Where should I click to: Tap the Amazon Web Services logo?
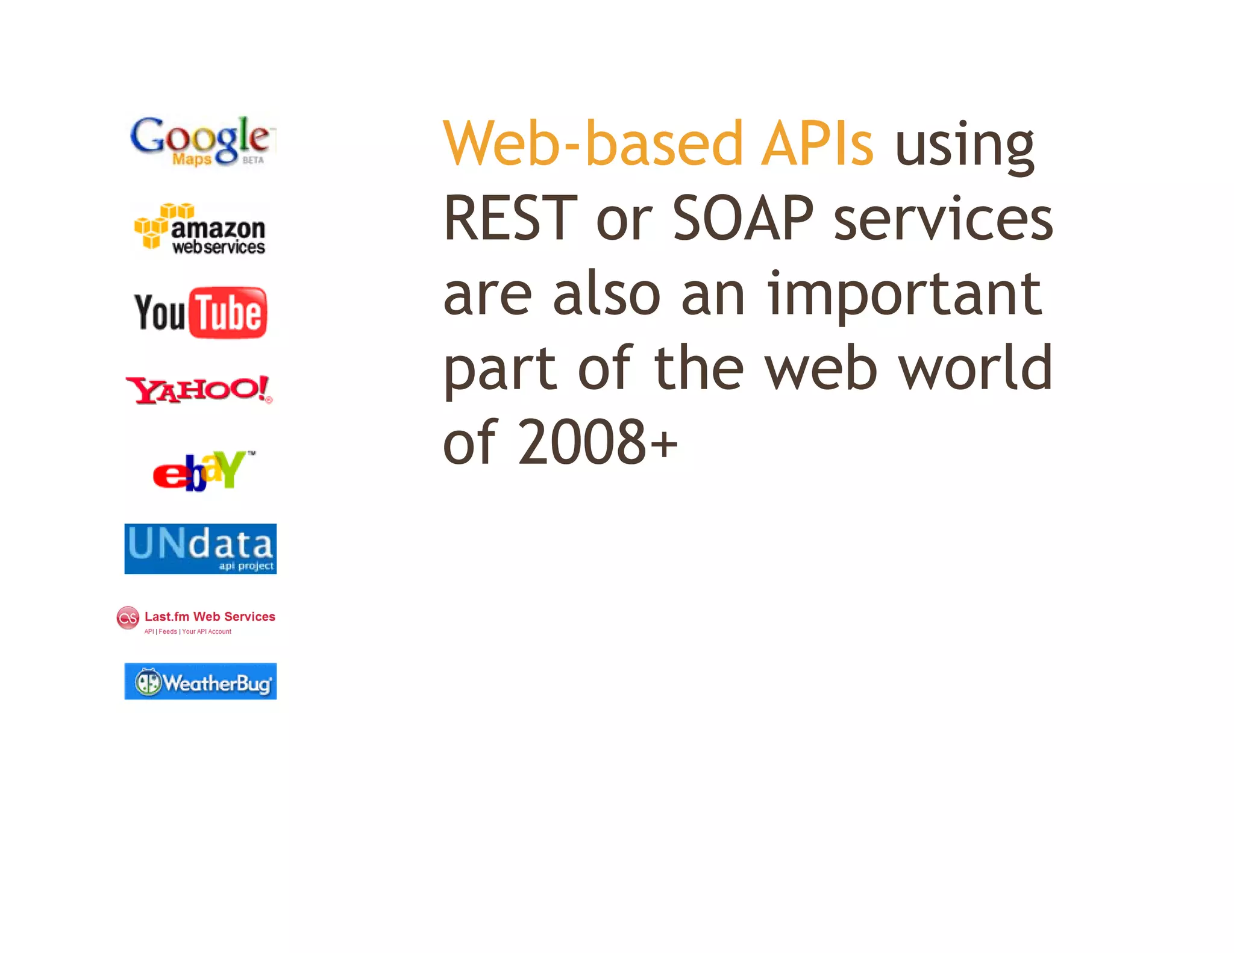point(199,230)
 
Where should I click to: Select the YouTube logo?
point(201,313)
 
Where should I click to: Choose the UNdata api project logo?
point(200,549)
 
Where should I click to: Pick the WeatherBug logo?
point(200,681)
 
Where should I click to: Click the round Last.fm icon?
point(128,618)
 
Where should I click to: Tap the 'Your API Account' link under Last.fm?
point(207,632)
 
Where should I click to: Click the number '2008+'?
point(598,442)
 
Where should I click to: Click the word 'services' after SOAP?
point(943,219)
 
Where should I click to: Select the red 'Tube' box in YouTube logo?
point(228,313)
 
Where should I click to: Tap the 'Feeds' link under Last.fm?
point(168,632)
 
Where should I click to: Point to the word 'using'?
point(965,146)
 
